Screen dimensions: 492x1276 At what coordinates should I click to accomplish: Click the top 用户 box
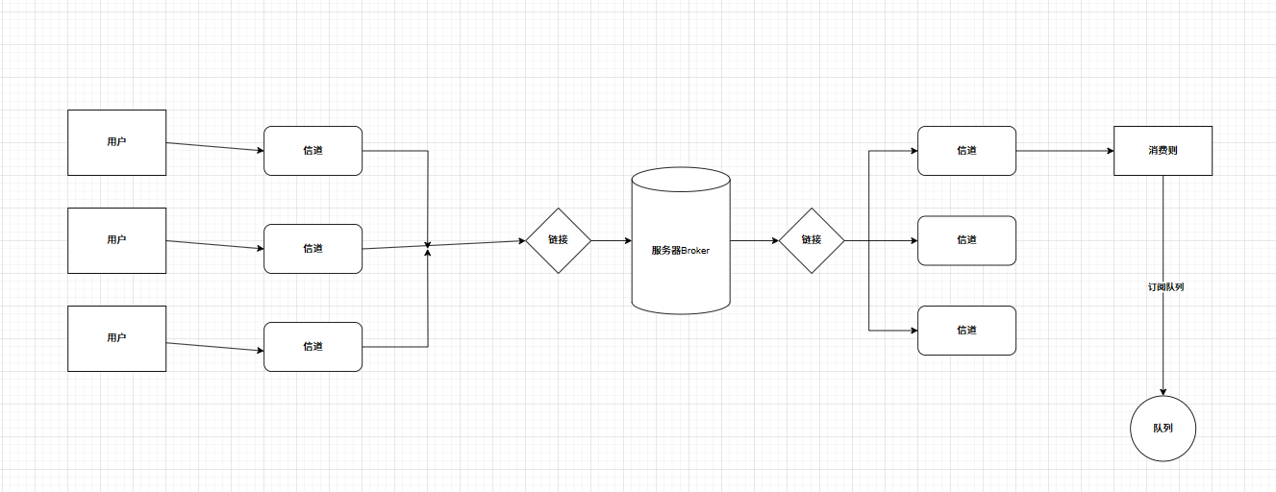(x=116, y=142)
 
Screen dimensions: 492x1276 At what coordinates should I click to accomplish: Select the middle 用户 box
(x=116, y=240)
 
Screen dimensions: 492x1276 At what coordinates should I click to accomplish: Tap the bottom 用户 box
(x=116, y=338)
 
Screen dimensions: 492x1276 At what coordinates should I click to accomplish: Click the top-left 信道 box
(x=313, y=151)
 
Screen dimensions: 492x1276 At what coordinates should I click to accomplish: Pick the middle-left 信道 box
(x=313, y=249)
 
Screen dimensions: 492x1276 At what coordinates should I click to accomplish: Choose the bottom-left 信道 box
(x=313, y=347)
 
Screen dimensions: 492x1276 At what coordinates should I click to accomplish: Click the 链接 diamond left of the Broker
(x=558, y=240)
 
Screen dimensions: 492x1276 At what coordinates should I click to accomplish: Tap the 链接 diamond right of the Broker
(x=812, y=240)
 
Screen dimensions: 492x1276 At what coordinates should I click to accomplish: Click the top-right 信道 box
(x=966, y=151)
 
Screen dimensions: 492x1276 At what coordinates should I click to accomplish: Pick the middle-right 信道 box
(x=966, y=240)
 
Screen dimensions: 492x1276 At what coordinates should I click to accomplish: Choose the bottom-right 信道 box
(x=966, y=331)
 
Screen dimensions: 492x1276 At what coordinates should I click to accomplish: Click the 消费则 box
(x=1163, y=151)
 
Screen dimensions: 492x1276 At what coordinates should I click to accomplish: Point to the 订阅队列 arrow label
(x=1165, y=287)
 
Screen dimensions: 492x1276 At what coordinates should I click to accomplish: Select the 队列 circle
(x=1163, y=429)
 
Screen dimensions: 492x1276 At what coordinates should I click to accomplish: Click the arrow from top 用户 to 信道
(x=215, y=147)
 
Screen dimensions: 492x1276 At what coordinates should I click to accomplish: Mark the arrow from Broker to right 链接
(x=755, y=240)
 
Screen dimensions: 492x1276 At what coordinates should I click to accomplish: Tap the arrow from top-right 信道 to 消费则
(x=1064, y=151)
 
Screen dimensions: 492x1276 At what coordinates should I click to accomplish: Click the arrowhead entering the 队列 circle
(x=1163, y=391)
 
